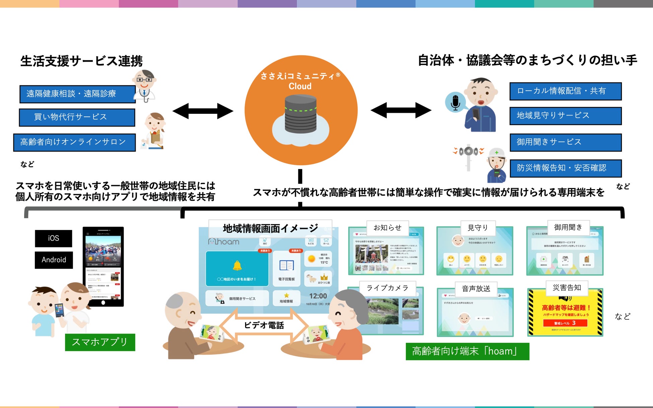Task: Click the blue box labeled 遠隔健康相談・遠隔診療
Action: coord(77,94)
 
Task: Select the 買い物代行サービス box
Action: coord(77,117)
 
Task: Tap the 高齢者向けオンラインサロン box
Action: coord(74,142)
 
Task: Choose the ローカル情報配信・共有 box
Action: coord(565,91)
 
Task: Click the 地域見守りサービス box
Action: coord(565,116)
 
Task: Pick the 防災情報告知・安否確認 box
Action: coord(565,168)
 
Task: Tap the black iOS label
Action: coord(54,238)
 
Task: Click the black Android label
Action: coord(54,260)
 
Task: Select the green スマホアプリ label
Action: coord(100,342)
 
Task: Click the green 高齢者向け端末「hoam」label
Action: coord(467,351)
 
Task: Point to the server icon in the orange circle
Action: coord(300,114)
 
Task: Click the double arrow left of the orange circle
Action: coord(203,111)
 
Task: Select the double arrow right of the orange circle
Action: coord(401,110)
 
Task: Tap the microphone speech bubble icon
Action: coord(455,102)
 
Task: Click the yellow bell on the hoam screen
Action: coord(237,266)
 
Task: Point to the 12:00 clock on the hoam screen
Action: coord(318,296)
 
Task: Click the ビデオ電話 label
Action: coord(264,325)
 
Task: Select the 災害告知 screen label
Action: coord(567,288)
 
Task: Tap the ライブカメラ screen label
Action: coord(387,288)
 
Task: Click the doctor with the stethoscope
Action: coord(145,86)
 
